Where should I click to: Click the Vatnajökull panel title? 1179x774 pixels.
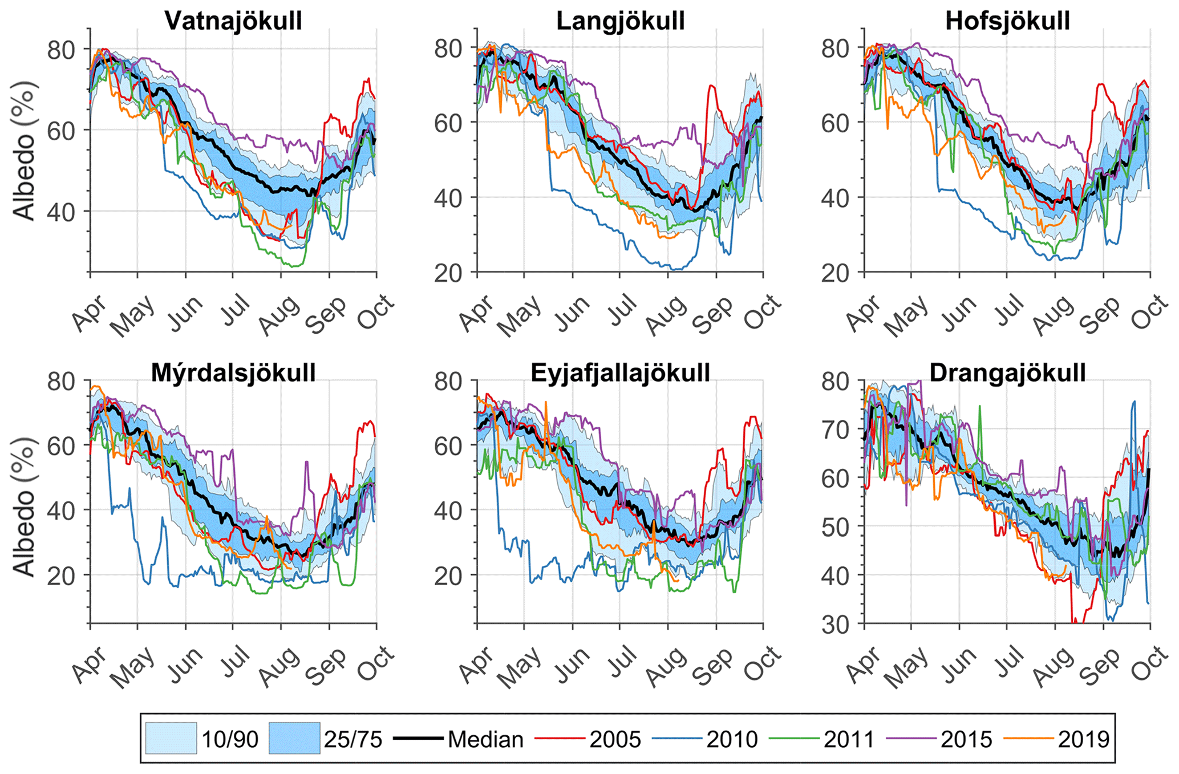[x=233, y=21]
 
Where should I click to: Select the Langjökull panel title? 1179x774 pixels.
[x=621, y=21]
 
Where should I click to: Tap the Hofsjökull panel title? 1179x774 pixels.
[x=1007, y=21]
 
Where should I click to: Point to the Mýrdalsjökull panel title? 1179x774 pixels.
[x=233, y=373]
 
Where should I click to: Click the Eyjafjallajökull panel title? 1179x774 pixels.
[x=621, y=373]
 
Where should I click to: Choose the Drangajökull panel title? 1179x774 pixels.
[x=1007, y=373]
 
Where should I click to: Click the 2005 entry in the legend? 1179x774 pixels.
[x=615, y=739]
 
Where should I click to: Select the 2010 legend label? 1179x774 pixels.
[x=732, y=739]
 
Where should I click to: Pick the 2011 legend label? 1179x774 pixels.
[x=849, y=739]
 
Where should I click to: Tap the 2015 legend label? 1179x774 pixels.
[x=966, y=739]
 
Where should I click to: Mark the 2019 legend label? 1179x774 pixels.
[x=1083, y=739]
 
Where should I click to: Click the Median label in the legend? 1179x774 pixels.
[x=485, y=739]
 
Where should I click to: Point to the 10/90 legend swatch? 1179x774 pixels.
[x=171, y=739]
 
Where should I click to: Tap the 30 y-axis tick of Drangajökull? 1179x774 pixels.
[x=836, y=624]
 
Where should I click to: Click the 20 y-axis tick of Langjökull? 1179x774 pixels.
[x=449, y=273]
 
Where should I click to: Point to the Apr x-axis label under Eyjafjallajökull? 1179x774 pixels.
[x=477, y=665]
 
